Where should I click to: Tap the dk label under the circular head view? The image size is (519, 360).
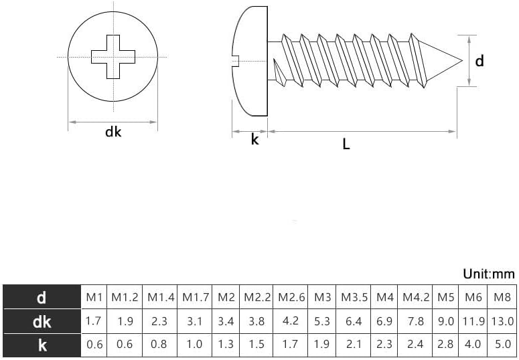click(113, 132)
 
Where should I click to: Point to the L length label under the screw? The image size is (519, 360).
click(346, 144)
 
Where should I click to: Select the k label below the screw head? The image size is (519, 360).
click(254, 140)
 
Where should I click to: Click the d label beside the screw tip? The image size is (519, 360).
click(479, 61)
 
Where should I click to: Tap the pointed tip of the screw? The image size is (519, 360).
click(461, 60)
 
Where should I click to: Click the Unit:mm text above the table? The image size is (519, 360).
click(488, 274)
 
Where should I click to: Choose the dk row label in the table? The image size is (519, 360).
click(42, 322)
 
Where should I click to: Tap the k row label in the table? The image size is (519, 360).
click(42, 345)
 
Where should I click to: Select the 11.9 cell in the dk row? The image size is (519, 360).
click(473, 322)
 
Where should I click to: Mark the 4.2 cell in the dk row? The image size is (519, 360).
click(291, 321)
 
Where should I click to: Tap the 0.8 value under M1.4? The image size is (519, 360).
click(159, 345)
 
